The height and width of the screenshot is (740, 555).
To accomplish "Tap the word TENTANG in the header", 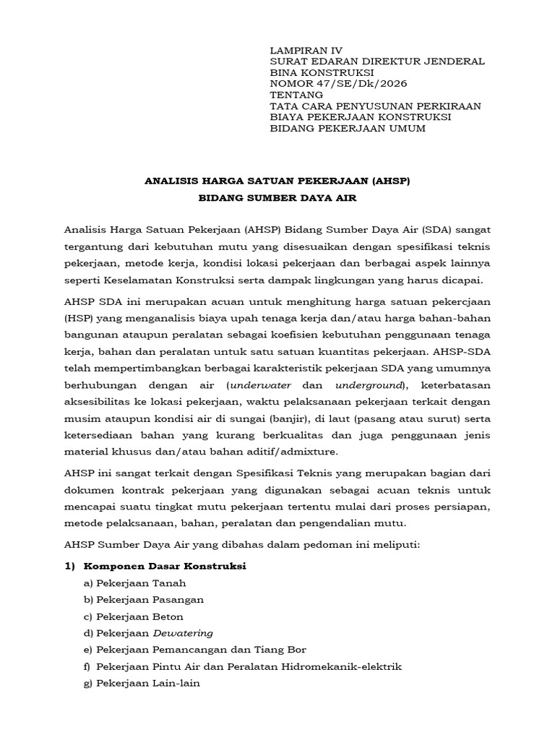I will click(x=296, y=95).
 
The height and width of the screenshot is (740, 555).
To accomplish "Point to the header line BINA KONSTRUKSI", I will click(x=322, y=72).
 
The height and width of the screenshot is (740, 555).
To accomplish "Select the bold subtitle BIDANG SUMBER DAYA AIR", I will click(x=278, y=197).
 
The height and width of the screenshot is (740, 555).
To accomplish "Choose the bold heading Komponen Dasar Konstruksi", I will click(x=165, y=567).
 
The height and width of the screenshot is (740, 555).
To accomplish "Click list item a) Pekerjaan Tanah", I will click(x=135, y=583).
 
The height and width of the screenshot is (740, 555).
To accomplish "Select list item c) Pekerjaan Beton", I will click(x=134, y=616).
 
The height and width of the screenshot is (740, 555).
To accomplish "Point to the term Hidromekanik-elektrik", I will click(x=340, y=666).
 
